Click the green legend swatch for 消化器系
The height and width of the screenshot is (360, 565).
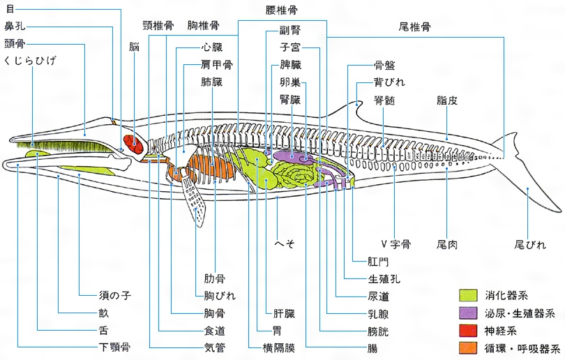coord(468,296)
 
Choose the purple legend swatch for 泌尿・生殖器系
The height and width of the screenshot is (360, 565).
coord(468,313)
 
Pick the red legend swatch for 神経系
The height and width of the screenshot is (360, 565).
coord(468,330)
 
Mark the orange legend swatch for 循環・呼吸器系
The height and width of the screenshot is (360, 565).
coord(468,347)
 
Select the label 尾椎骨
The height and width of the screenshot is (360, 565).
coord(414,27)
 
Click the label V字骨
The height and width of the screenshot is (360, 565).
coord(395,244)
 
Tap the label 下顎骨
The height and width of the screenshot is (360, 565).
coord(115,347)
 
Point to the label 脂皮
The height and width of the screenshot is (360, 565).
coord(446,100)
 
